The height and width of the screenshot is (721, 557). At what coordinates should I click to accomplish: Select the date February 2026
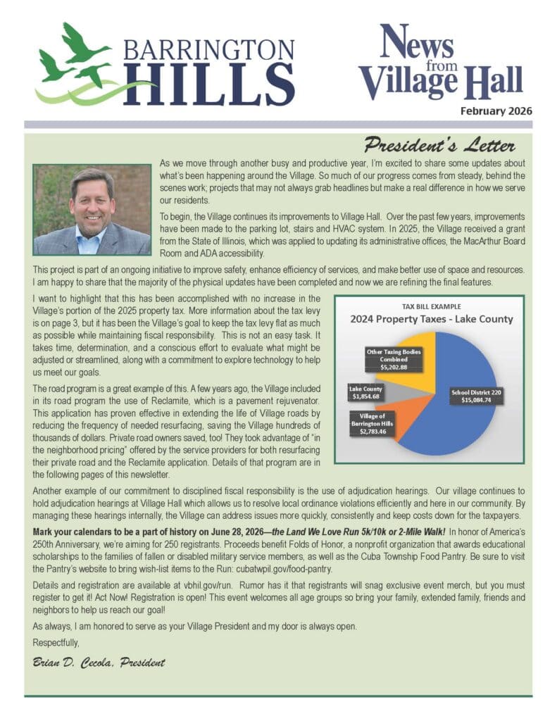point(496,111)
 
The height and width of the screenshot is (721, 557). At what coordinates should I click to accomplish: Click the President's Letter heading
point(439,146)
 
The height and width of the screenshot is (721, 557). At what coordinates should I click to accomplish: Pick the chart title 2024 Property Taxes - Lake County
point(432,319)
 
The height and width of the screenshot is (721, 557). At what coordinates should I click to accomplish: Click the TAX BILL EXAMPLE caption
point(432,307)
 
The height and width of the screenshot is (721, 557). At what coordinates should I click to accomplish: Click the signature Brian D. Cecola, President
point(99,662)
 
